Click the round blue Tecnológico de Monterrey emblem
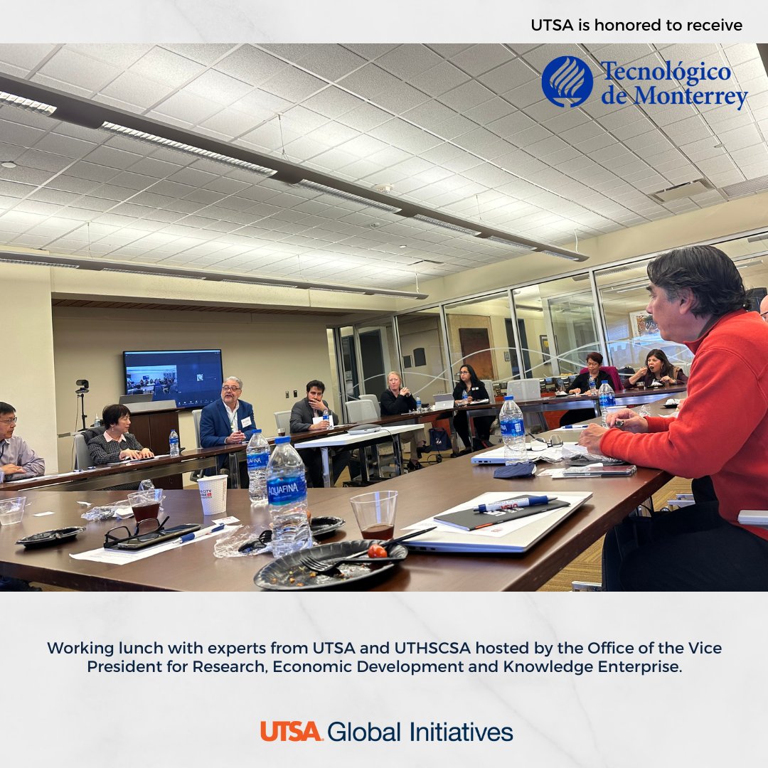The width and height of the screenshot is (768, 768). pyautogui.click(x=567, y=82)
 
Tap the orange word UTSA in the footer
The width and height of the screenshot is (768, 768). pyautogui.click(x=291, y=731)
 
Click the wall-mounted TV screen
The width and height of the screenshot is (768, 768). pyautogui.click(x=172, y=378)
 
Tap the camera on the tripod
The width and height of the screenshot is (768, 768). pyautogui.click(x=82, y=386)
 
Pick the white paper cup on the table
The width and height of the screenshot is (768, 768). pyautogui.click(x=212, y=494)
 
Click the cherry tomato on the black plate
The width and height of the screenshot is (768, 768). pyautogui.click(x=378, y=550)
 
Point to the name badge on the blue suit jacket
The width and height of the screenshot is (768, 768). pyautogui.click(x=246, y=422)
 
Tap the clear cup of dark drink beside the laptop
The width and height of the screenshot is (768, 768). pyautogui.click(x=374, y=516)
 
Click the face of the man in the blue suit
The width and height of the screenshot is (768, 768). pyautogui.click(x=231, y=393)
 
